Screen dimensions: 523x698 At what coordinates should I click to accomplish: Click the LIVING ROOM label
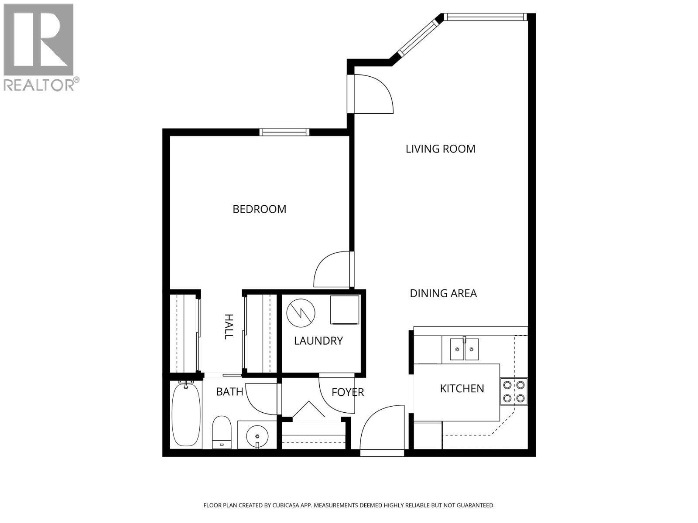[x=440, y=149]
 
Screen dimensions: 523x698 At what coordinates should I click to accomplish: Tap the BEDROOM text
[x=260, y=209]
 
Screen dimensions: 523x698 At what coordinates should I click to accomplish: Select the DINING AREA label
[x=443, y=293]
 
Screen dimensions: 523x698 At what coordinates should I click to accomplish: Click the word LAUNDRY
[x=318, y=341]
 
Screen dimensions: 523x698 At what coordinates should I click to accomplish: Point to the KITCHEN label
[x=462, y=388]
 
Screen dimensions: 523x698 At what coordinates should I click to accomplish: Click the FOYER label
[x=348, y=392]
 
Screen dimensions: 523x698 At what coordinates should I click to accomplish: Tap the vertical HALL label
[x=228, y=326]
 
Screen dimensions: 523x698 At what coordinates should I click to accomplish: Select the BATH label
[x=230, y=392]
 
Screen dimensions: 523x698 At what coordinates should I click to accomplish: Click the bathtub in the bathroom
[x=186, y=414]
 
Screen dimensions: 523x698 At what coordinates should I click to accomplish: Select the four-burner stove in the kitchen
[x=514, y=391]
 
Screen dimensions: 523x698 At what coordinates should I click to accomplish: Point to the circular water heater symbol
[x=301, y=312]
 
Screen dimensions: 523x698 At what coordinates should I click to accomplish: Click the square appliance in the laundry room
[x=345, y=310]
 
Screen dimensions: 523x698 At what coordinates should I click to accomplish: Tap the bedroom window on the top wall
[x=284, y=132]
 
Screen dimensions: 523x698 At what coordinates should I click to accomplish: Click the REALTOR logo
[x=41, y=47]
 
